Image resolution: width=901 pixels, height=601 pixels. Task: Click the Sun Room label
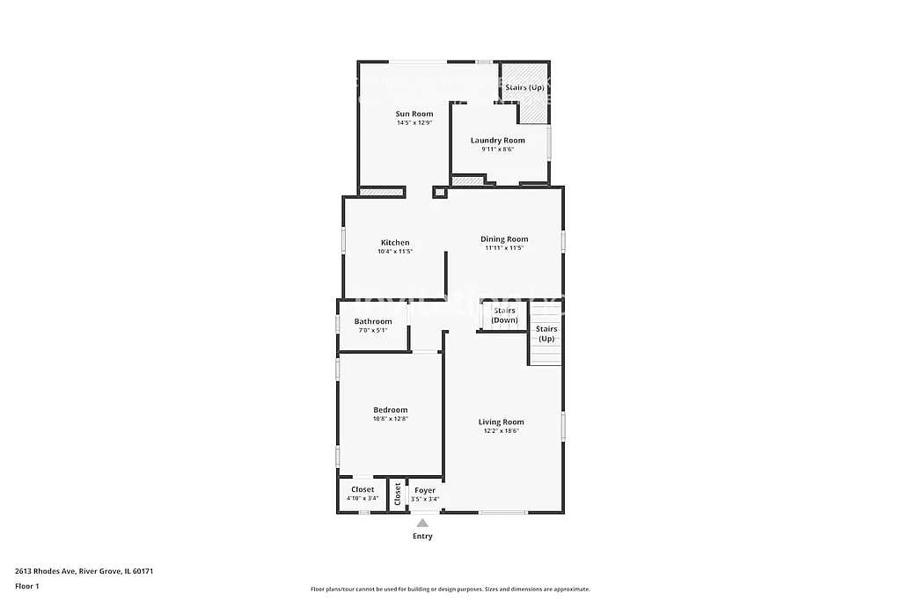[414, 114]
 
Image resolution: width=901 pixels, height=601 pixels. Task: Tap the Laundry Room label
[497, 140]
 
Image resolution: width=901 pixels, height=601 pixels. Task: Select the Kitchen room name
[395, 243]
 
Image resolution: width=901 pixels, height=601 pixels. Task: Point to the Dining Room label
[504, 238]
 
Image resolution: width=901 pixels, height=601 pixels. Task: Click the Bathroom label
[373, 321]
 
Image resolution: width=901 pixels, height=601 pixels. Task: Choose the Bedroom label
[391, 409]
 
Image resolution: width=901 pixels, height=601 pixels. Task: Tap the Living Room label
[502, 421]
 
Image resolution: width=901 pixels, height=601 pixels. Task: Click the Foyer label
[425, 490]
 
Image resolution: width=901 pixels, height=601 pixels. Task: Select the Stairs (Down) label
[505, 315]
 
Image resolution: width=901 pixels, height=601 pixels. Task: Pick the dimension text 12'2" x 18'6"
[502, 431]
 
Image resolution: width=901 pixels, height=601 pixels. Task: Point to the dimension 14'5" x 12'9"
[414, 123]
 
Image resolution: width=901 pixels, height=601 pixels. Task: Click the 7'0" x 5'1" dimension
[373, 331]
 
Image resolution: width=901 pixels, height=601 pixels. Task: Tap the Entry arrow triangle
[422, 524]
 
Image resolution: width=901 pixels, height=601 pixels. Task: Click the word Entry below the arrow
[422, 536]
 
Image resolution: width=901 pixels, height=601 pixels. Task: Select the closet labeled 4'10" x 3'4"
[363, 494]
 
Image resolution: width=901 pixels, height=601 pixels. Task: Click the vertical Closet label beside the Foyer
[398, 495]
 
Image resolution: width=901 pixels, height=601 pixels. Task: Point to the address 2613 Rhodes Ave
[84, 570]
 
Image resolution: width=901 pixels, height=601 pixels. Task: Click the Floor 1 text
[27, 585]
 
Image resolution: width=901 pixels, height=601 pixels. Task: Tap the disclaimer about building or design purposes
[450, 590]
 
